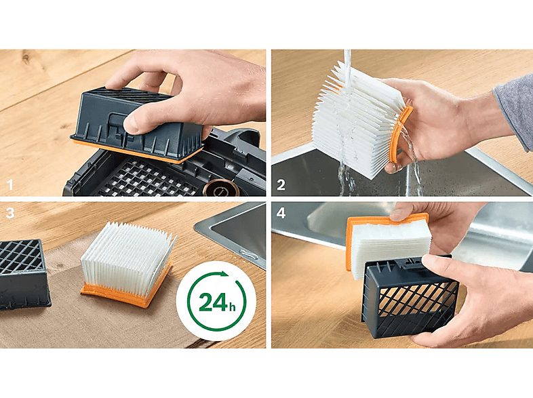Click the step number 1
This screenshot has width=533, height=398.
pyautogui.click(x=9, y=184)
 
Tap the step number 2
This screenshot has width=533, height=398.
pyautogui.click(x=281, y=184)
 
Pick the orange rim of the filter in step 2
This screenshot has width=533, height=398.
pyautogui.click(x=401, y=136)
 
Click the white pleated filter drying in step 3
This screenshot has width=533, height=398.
pyautogui.click(x=126, y=255)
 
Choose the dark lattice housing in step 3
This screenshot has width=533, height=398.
pyautogui.click(x=23, y=271)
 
